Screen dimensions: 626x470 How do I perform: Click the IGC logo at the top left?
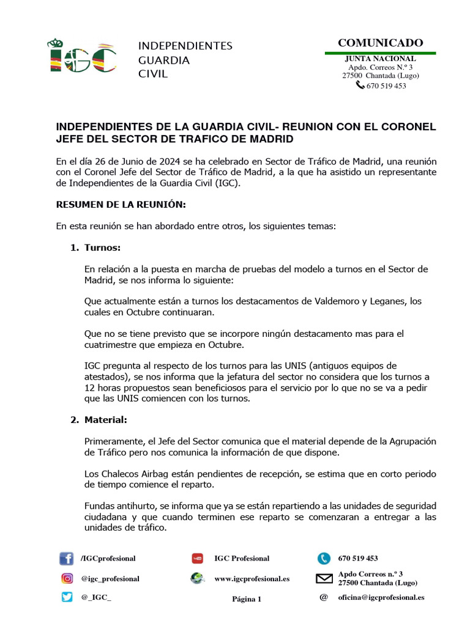[x=82, y=57]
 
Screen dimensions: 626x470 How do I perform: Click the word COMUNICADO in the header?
[x=380, y=43]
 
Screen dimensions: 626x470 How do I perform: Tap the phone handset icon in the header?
[x=360, y=86]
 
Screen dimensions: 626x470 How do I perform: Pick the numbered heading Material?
[x=106, y=419]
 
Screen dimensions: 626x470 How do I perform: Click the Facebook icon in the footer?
[x=66, y=559]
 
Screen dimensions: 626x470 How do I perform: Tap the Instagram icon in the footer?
[x=67, y=578]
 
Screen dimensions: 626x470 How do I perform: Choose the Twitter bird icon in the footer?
[x=67, y=597]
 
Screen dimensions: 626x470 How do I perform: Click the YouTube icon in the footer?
[x=197, y=558]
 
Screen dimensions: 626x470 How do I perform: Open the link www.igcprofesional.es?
[x=252, y=578]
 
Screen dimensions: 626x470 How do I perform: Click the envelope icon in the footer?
[x=324, y=578]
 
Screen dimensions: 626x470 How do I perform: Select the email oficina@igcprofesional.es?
[x=381, y=597]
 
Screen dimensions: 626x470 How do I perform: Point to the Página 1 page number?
[x=247, y=599]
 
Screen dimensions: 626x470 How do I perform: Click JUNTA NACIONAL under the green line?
[x=380, y=59]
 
